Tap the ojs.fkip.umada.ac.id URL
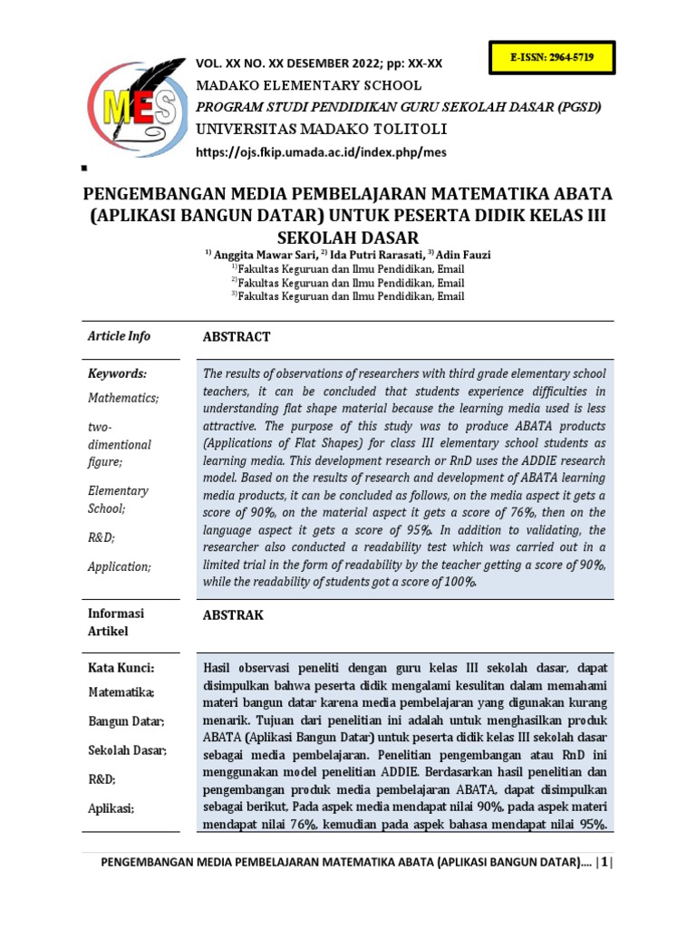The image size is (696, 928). coord(322,152)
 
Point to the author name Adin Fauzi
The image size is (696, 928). coord(464,256)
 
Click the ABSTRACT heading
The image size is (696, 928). coord(237,337)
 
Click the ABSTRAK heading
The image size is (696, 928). coord(233,615)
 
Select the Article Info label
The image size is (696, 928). coord(119,336)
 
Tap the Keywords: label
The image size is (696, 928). coord(117,373)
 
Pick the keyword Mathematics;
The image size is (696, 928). coord(123,398)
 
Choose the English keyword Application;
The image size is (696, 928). coord(120,566)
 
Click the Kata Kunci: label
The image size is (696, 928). coord(121,668)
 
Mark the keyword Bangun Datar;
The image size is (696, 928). coord(126,721)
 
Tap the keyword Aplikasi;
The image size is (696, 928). coord(111,807)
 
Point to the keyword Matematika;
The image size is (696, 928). coord(121,692)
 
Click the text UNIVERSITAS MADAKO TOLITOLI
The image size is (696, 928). coord(308,129)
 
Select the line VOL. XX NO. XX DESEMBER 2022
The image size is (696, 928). coord(319,63)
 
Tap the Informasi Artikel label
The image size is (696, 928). coord(116,622)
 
